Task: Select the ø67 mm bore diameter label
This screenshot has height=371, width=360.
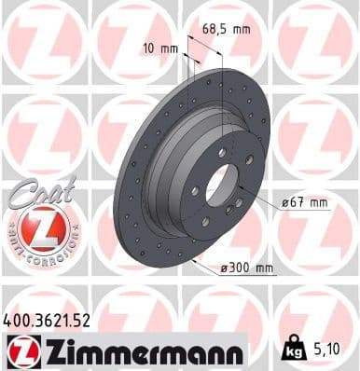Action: (304, 201)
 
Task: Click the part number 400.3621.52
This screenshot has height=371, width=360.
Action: (48, 321)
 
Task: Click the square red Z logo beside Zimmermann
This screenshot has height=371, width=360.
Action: (19, 351)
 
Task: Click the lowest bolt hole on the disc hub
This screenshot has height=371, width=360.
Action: (204, 221)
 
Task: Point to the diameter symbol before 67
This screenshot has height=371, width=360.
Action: (284, 201)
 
